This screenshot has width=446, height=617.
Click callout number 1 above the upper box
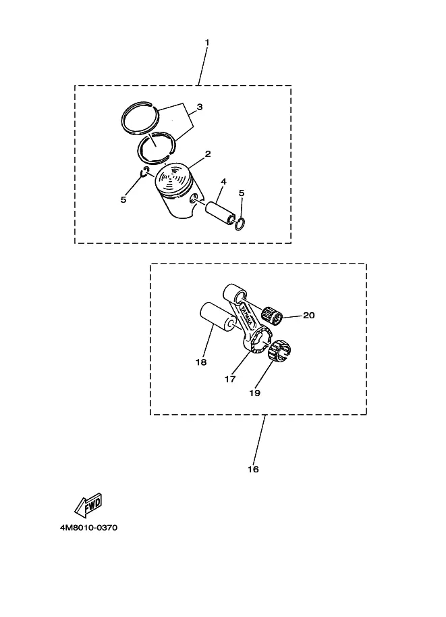point(207,42)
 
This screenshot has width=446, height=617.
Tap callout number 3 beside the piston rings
point(200,107)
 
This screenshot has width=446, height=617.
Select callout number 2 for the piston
point(208,153)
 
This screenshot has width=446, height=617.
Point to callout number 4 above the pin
point(223,181)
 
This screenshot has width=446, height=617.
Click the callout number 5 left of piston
point(123,200)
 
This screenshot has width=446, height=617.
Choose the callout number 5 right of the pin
point(242,193)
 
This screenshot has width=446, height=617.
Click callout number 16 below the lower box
point(254,469)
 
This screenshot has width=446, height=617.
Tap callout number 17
point(230,379)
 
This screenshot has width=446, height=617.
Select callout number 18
point(201,362)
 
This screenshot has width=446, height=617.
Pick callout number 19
point(254,393)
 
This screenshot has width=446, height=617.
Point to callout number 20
point(309,315)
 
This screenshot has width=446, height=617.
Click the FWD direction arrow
point(88,505)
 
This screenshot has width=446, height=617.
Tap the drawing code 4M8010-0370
point(88,528)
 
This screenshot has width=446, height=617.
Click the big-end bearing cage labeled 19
point(281,350)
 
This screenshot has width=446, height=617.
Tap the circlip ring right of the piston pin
point(240,224)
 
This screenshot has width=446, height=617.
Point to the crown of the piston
point(173,178)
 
